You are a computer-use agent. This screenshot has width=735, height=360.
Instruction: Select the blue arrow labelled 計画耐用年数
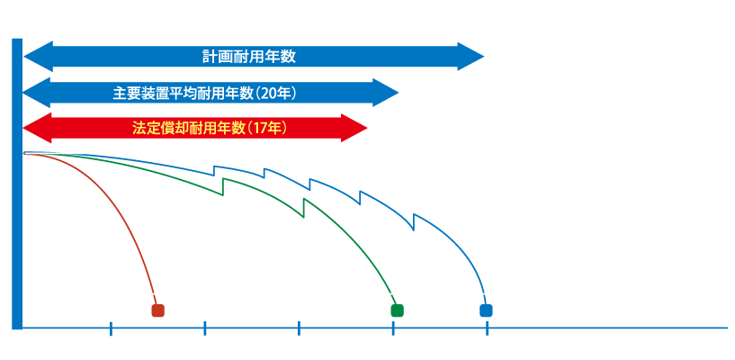(252, 56)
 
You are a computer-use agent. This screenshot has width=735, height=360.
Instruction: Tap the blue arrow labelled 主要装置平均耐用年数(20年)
(211, 92)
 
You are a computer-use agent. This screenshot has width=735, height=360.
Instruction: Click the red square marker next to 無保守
(157, 311)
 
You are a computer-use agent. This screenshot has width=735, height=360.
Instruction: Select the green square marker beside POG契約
(397, 311)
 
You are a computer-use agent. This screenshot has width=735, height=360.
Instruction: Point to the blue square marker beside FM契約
(487, 311)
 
